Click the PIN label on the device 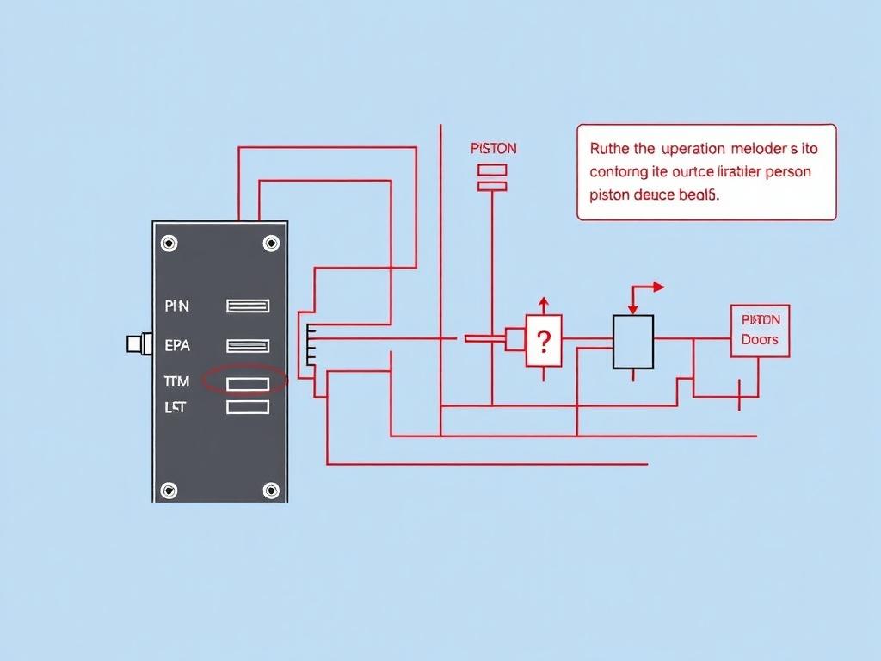click(x=176, y=306)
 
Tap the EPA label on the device click(x=176, y=346)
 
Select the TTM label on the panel click(x=176, y=381)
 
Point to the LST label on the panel click(x=175, y=407)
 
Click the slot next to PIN click(x=248, y=306)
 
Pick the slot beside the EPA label click(x=248, y=346)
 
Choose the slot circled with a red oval click(x=248, y=383)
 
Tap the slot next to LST click(x=248, y=407)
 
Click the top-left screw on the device click(x=169, y=244)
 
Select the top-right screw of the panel click(x=272, y=244)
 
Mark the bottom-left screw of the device click(x=169, y=491)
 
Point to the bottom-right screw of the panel click(x=272, y=491)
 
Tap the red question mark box click(x=543, y=341)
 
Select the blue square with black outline click(x=632, y=342)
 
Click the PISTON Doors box click(x=760, y=330)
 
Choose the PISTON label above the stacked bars click(x=494, y=148)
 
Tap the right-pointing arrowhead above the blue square click(x=659, y=287)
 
